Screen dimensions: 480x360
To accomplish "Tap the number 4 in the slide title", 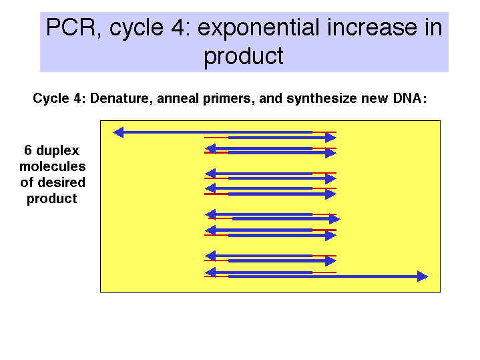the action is [x=178, y=27].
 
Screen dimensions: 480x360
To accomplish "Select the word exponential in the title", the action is [x=260, y=29].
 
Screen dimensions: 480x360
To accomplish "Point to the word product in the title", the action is [x=244, y=56].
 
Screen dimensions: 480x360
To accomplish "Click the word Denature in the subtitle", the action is [x=119, y=99].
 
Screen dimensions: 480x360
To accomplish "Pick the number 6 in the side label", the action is [x=28, y=150].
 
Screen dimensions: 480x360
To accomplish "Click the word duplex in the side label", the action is [x=58, y=151].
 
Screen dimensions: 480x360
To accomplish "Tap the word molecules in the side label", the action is [x=53, y=166].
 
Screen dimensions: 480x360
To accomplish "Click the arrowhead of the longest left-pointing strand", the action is [x=118, y=132].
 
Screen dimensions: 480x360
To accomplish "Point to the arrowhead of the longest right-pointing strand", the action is [x=423, y=277].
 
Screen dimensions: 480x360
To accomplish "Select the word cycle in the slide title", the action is [x=136, y=29].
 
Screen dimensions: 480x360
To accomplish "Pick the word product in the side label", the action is [x=51, y=199].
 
